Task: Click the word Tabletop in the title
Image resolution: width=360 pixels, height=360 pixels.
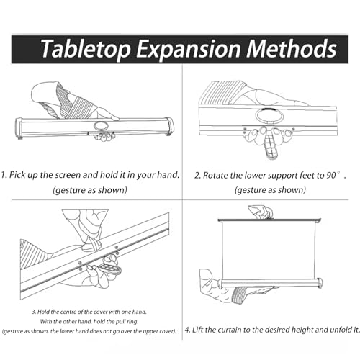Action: click(85, 49)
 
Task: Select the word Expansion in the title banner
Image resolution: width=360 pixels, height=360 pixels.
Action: click(189, 50)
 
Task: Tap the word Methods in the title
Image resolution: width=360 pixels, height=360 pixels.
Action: click(292, 48)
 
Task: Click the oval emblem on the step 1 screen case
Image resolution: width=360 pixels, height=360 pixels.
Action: click(101, 125)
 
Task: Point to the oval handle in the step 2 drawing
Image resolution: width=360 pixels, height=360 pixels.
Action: click(269, 116)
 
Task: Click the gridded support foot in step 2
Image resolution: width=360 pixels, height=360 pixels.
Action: click(271, 147)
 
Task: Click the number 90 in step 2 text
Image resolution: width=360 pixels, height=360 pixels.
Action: click(331, 176)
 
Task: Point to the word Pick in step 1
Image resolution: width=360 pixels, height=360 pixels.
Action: click(17, 175)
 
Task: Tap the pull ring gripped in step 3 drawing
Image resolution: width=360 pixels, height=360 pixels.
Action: click(91, 245)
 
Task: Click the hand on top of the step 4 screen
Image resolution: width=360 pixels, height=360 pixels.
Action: click(261, 212)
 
